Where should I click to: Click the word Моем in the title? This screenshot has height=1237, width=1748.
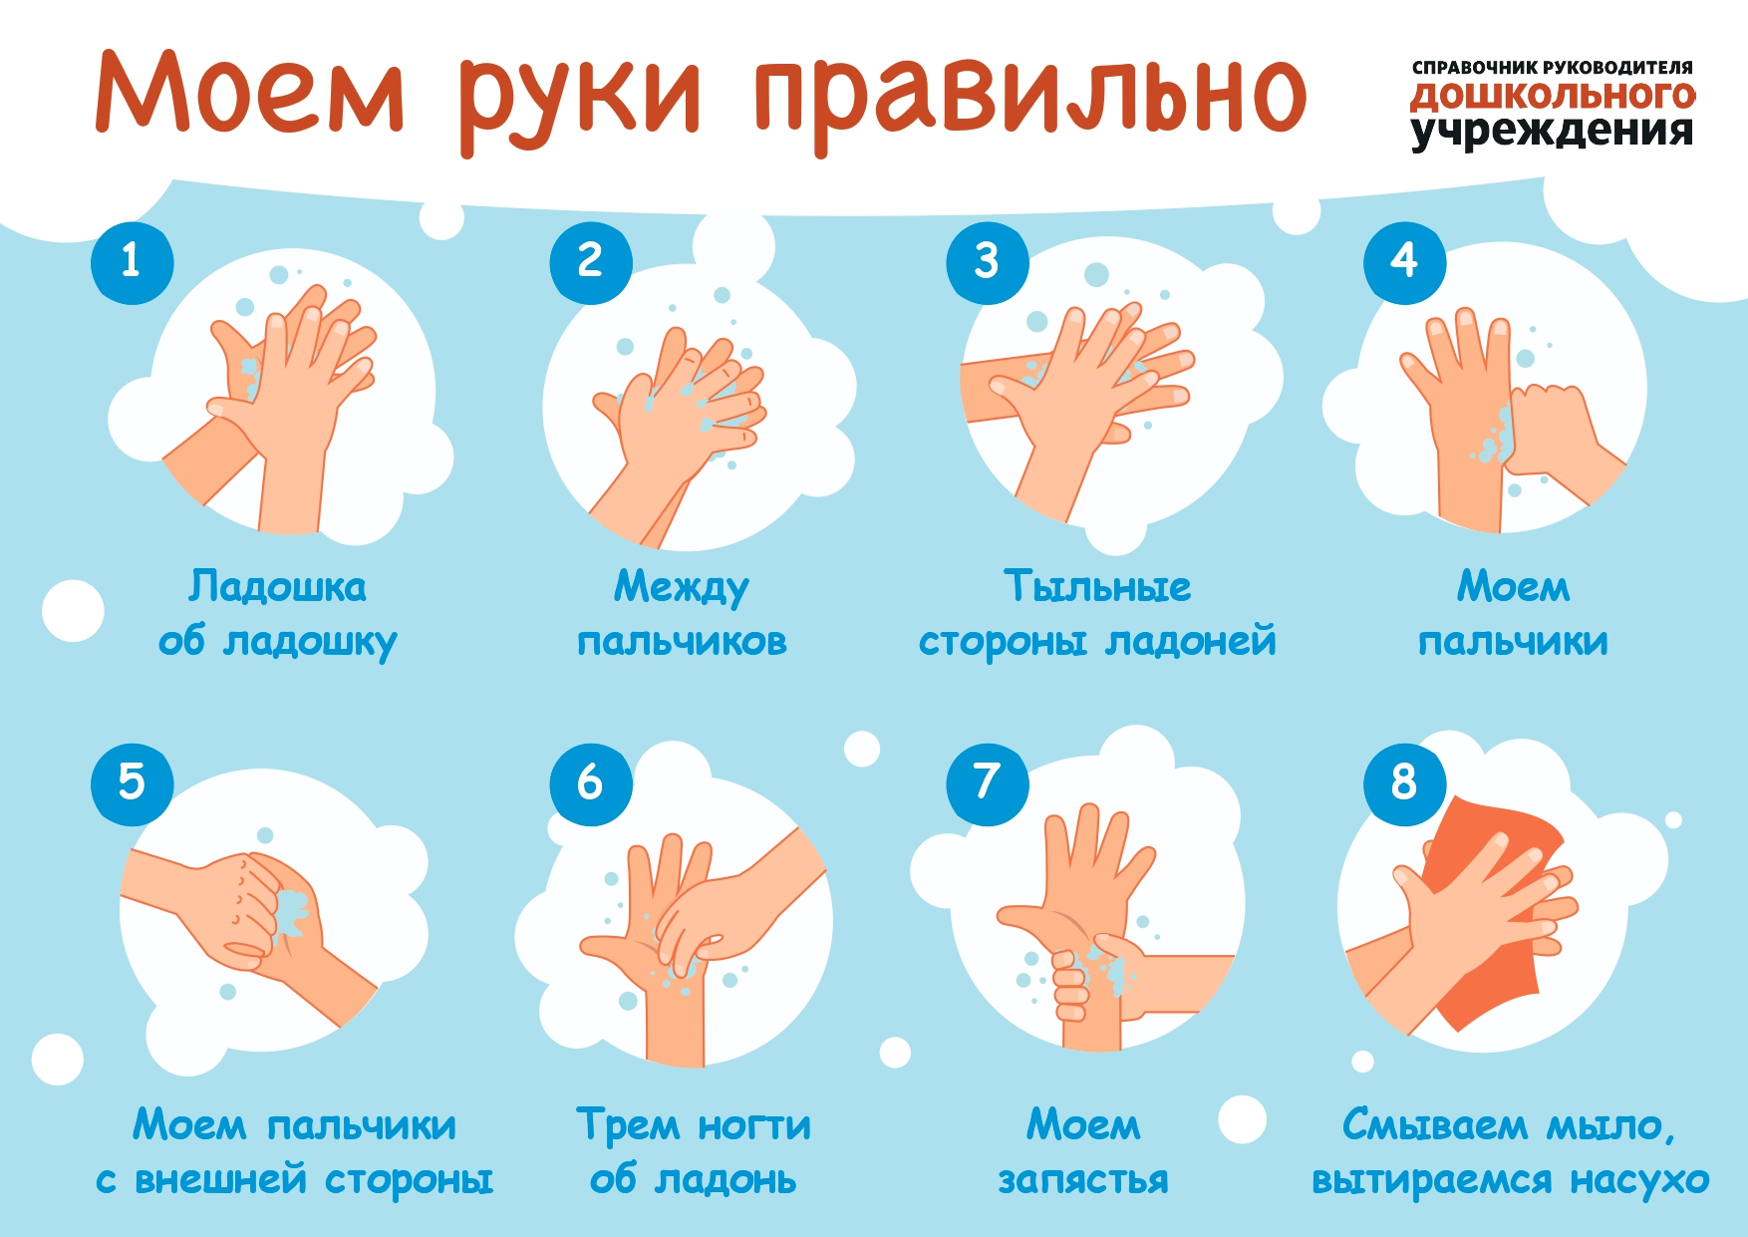250,92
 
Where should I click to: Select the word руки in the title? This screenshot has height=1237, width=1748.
582,100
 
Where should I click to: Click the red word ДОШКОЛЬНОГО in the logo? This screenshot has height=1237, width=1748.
1553,97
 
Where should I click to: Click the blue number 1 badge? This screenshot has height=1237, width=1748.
132,262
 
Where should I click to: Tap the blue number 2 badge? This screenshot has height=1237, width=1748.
591,262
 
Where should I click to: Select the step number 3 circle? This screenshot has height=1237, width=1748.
988,262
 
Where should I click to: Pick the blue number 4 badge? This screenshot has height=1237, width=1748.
1405,262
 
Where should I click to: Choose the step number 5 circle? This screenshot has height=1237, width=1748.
132,783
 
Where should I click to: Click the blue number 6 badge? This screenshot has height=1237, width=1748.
591,783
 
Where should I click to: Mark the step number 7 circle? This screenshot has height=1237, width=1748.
988,783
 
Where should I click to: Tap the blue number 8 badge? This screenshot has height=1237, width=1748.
1405,783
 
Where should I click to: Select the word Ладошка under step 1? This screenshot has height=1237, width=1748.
278,587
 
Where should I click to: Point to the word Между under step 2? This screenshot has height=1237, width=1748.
682,588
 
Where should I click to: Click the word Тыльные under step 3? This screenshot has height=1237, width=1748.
1097,586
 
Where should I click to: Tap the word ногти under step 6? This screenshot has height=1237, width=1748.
754,1126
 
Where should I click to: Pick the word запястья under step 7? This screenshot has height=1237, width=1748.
1083,1181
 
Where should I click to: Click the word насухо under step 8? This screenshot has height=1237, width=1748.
1640,1181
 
